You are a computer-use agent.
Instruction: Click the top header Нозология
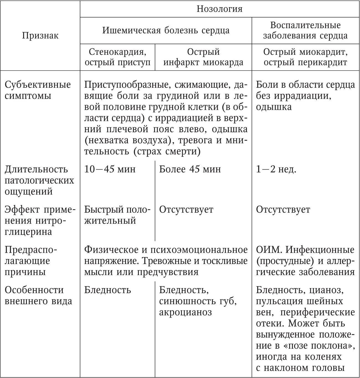[x=219, y=9]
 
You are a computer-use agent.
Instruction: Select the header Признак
[x=40, y=35]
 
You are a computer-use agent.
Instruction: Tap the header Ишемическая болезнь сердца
[x=166, y=30]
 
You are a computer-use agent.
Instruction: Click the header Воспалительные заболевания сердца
[x=305, y=30]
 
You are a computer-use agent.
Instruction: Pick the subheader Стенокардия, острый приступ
[x=118, y=57]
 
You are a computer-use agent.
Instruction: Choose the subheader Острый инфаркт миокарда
[x=203, y=57]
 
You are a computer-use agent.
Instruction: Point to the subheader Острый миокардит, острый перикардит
[x=305, y=57]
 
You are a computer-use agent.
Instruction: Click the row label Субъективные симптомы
[x=38, y=90]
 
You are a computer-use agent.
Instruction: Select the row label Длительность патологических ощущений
[x=39, y=180]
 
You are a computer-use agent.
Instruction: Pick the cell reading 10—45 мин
[x=110, y=169]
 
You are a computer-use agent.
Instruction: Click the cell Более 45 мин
[x=190, y=169]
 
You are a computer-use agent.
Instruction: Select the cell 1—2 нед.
[x=276, y=169]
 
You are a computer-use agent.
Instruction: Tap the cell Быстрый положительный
[x=117, y=215]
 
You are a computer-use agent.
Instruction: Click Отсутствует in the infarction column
[x=186, y=209]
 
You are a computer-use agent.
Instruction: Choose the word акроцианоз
[x=185, y=312]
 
